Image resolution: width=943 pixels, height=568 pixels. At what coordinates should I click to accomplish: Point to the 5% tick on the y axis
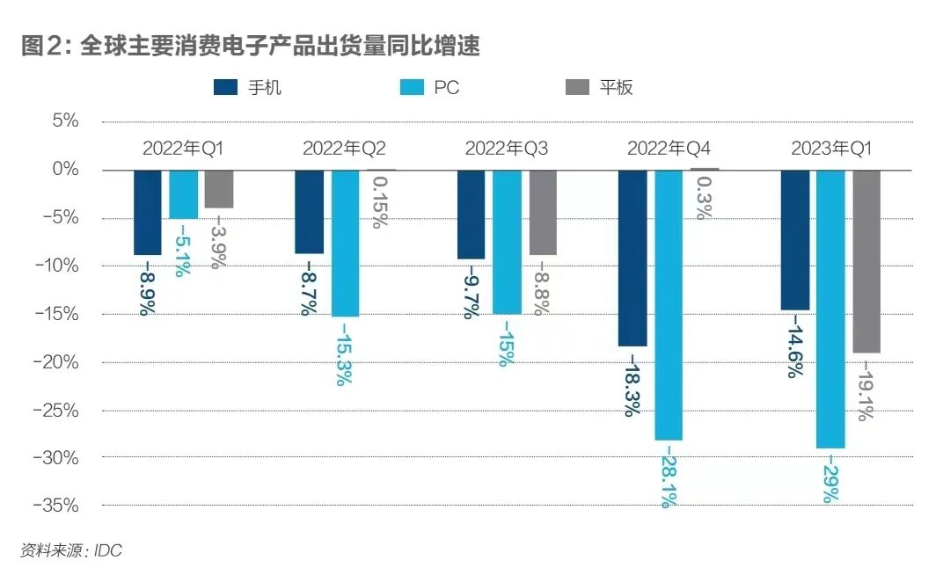click(x=62, y=121)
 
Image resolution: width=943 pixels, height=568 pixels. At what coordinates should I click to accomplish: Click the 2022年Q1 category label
click(x=183, y=149)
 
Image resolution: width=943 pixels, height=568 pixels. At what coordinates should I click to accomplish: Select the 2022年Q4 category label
click(x=668, y=149)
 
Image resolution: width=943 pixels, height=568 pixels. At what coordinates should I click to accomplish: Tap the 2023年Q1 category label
click(x=830, y=149)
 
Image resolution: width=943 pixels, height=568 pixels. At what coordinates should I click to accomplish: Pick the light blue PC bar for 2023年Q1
click(x=830, y=309)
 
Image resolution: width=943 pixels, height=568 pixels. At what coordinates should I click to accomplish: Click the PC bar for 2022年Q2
click(x=345, y=243)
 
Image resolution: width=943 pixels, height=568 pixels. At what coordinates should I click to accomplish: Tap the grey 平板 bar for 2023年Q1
click(x=866, y=261)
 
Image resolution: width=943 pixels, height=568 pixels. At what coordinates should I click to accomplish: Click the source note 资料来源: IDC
click(x=71, y=550)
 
